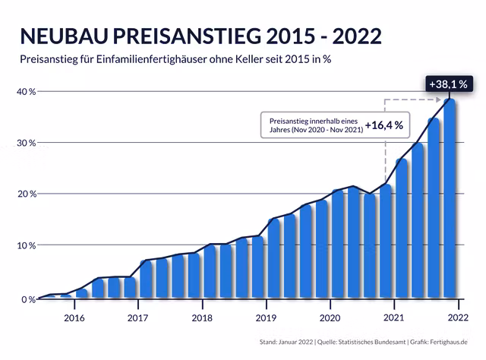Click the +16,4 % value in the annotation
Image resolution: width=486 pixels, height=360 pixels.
(x=383, y=125)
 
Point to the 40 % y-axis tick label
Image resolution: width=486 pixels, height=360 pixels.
(x=25, y=91)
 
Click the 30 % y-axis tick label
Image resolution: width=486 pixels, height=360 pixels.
(x=25, y=143)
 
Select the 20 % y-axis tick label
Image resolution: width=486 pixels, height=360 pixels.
(x=25, y=194)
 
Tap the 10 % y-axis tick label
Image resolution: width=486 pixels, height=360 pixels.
(x=25, y=245)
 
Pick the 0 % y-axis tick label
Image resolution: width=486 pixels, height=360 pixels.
(x=27, y=299)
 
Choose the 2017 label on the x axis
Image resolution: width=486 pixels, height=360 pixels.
(x=137, y=317)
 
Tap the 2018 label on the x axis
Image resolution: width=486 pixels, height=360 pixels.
(x=201, y=317)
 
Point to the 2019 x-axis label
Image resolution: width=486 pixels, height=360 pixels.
(x=265, y=317)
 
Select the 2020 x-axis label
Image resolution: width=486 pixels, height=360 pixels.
(x=330, y=317)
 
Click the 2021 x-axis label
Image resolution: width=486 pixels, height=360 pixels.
(x=393, y=317)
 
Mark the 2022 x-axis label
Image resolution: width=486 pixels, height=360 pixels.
(x=457, y=317)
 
